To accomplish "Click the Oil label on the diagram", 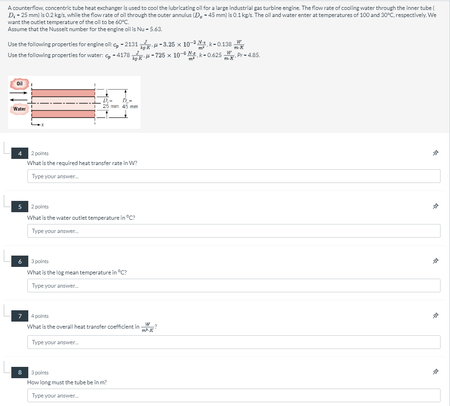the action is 19,83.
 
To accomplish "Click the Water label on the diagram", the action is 19,109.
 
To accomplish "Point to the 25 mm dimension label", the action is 111,106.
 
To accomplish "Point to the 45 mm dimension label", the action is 130,107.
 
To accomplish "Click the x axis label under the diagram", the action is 42,124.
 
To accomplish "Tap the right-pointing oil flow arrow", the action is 18,93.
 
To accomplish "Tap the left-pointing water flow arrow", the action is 18,100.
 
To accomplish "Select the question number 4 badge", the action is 20,153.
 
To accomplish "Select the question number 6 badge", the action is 20,261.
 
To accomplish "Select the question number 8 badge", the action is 20,372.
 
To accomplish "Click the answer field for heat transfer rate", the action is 233,176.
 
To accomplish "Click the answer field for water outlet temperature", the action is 233,231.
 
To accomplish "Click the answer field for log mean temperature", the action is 233,285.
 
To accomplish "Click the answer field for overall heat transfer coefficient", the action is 233,342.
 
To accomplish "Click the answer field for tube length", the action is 233,395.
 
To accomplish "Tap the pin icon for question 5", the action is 435,206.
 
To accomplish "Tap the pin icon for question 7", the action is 435,315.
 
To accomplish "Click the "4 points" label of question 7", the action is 40,316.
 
